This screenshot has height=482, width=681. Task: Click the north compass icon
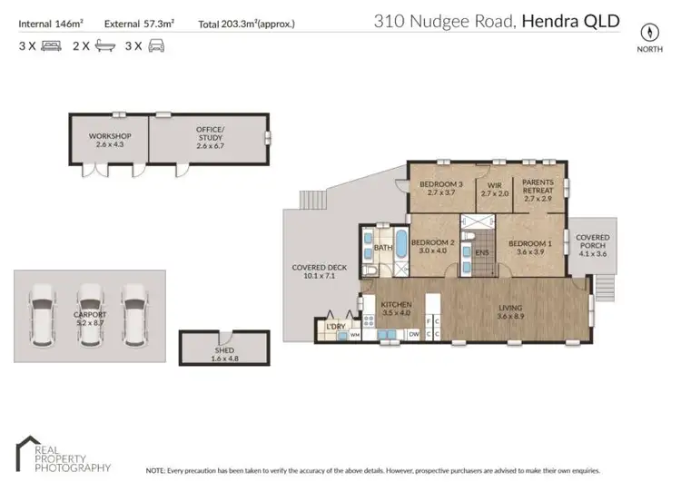648,30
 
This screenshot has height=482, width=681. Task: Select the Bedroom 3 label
441,189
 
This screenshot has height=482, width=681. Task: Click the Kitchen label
397,308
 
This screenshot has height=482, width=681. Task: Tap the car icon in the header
157,44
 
